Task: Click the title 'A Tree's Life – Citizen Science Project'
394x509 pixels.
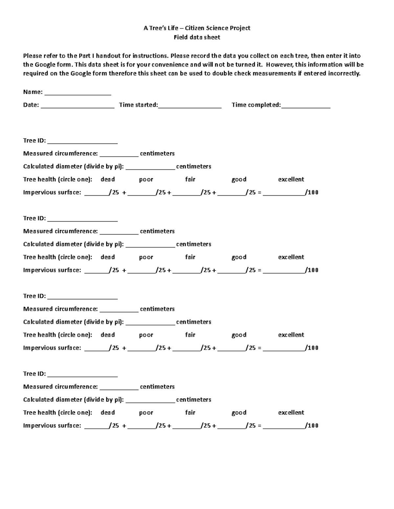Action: pyautogui.click(x=197, y=28)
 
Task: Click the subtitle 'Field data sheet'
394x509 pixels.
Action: pyautogui.click(x=197, y=37)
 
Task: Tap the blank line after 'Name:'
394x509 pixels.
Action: pyautogui.click(x=78, y=93)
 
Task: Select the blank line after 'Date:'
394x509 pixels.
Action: pyautogui.click(x=77, y=106)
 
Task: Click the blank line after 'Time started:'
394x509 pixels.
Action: pyautogui.click(x=190, y=106)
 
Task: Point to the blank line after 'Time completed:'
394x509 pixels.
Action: pyautogui.click(x=306, y=106)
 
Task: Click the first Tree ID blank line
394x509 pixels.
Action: pyautogui.click(x=82, y=142)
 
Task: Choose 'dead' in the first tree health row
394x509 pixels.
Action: pyautogui.click(x=108, y=180)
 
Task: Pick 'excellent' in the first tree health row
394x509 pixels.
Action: pyautogui.click(x=291, y=180)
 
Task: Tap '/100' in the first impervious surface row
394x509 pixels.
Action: pyautogui.click(x=312, y=193)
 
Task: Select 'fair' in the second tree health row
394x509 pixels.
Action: pyautogui.click(x=190, y=257)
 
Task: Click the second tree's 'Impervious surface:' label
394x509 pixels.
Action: pyautogui.click(x=52, y=270)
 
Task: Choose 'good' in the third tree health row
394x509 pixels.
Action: pyautogui.click(x=239, y=335)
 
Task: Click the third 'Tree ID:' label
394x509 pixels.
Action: pyautogui.click(x=34, y=296)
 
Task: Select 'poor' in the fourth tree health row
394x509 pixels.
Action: pyautogui.click(x=146, y=413)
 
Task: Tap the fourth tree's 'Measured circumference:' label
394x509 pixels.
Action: pyautogui.click(x=60, y=387)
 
